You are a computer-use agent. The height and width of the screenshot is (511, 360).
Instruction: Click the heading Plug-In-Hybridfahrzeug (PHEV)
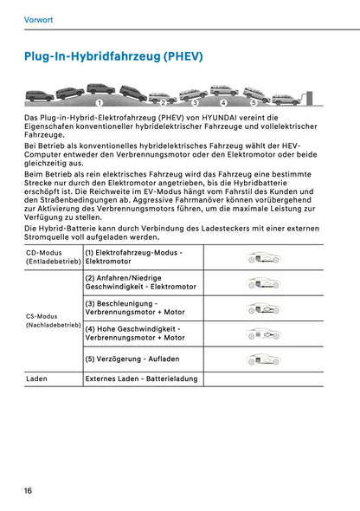click(113, 56)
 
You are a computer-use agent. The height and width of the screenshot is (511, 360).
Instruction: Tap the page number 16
click(29, 491)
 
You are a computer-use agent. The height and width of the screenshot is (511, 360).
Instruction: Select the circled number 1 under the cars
click(100, 103)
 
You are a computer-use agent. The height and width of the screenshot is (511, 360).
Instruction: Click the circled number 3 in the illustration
click(195, 103)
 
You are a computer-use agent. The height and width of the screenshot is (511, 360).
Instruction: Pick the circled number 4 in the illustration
click(223, 103)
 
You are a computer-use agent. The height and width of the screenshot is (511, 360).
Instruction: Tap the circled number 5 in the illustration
click(254, 103)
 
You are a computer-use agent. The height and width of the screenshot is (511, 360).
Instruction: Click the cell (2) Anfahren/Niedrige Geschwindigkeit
click(138, 282)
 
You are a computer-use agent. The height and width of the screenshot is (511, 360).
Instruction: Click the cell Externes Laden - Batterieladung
click(141, 378)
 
